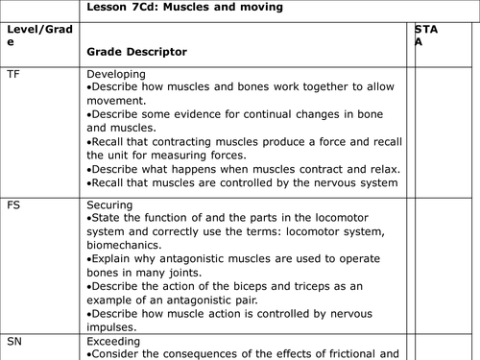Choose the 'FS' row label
(12, 204)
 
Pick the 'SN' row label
(13, 341)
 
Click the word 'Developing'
(118, 74)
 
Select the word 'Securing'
(112, 204)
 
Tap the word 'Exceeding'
(117, 341)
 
